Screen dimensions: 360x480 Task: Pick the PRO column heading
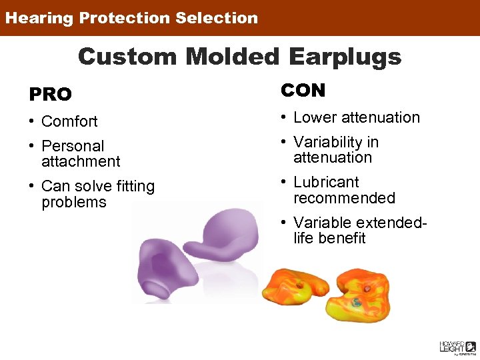pyautogui.click(x=50, y=95)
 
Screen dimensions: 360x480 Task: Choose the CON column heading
pyautogui.click(x=303, y=91)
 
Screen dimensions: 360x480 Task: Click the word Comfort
pyautogui.click(x=69, y=121)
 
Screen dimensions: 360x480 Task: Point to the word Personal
pyautogui.click(x=73, y=146)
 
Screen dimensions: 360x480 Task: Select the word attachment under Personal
pyautogui.click(x=81, y=161)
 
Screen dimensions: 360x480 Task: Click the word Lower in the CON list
pyautogui.click(x=315, y=117)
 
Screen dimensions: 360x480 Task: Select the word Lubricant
pyautogui.click(x=326, y=183)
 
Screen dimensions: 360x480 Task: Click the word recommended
pyautogui.click(x=344, y=198)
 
